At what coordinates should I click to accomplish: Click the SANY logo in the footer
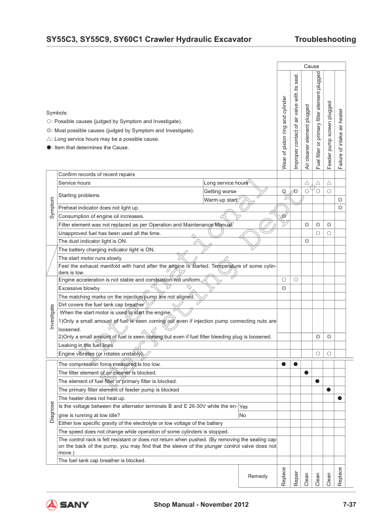pos(66,505)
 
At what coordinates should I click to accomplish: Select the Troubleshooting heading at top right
pos(325,40)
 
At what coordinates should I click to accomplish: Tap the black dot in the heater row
pos(340,398)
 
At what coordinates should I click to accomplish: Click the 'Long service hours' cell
pos(226,183)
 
